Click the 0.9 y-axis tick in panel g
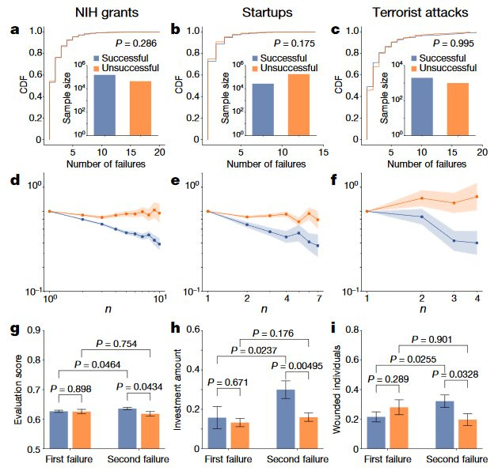(36, 330)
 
